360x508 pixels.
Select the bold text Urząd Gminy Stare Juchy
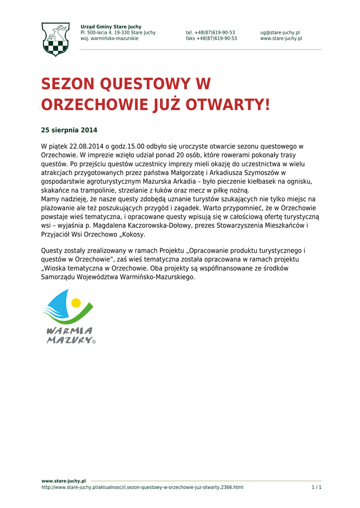(x=111, y=27)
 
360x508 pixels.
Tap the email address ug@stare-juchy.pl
(x=280, y=33)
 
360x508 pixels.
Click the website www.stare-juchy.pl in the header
(x=281, y=39)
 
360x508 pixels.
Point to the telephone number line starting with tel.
(x=211, y=33)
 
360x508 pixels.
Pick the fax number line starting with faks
(x=212, y=39)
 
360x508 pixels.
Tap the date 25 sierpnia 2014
(x=69, y=130)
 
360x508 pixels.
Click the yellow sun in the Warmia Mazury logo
(x=76, y=302)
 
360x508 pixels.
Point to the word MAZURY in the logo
(x=69, y=340)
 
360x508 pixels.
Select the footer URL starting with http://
(x=142, y=488)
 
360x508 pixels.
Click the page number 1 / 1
(x=316, y=488)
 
